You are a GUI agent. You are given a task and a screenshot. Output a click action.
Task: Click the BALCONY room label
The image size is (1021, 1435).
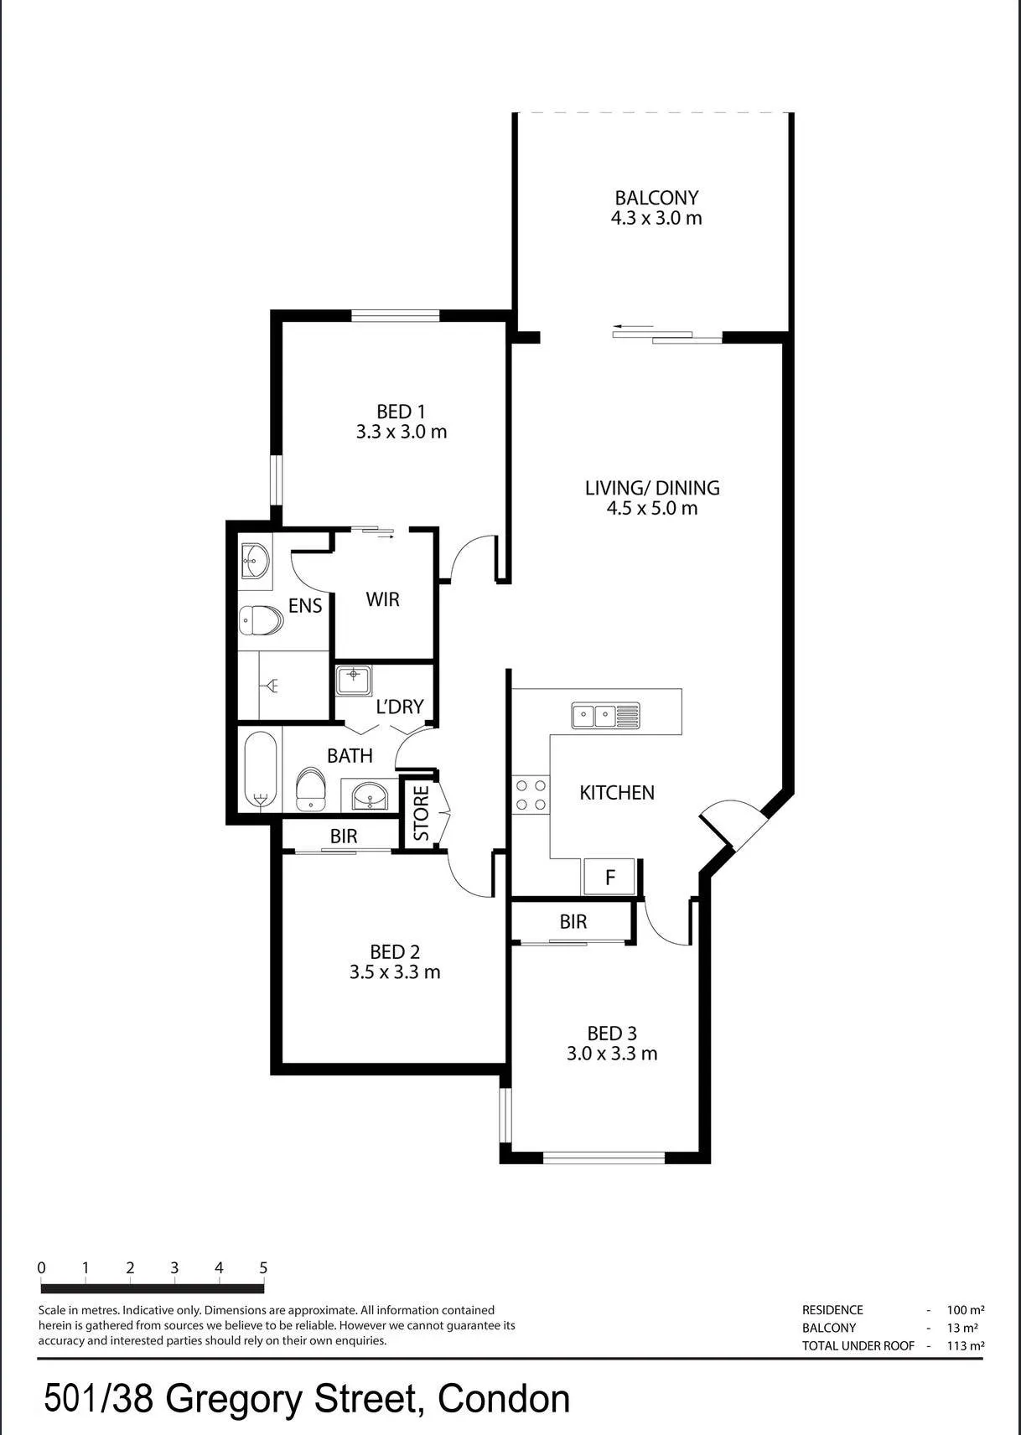coord(656,198)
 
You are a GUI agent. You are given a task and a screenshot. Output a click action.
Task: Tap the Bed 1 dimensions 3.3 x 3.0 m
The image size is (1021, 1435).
coord(402,432)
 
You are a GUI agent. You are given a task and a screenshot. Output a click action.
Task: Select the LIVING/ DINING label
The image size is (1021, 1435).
coord(652,488)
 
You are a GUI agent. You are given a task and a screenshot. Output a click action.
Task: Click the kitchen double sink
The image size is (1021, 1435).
coord(605,715)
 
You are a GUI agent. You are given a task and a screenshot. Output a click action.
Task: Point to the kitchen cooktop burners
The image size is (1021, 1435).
coord(531,795)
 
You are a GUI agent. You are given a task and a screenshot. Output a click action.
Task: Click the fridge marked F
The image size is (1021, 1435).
coord(609,877)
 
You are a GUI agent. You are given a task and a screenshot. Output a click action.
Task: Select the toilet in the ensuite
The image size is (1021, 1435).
coord(262,621)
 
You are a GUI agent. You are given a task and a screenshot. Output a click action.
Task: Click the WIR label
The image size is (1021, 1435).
coord(382,599)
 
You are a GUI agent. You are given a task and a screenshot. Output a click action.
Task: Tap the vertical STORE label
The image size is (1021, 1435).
coord(421,814)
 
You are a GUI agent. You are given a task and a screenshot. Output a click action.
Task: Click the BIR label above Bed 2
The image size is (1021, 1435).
coord(344,836)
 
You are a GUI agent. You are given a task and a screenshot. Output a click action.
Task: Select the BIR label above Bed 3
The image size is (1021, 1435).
coord(573,921)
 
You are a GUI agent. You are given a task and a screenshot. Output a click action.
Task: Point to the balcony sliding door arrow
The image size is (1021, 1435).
coord(633,327)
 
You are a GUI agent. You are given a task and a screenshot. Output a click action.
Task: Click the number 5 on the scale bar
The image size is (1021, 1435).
coord(263,1267)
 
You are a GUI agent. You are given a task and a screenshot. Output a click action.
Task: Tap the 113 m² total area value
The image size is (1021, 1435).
coord(966,1345)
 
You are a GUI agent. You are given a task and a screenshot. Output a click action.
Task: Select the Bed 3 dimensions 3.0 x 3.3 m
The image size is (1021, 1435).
coord(612,1053)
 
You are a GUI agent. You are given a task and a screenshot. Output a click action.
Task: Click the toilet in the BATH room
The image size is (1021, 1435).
coord(311,790)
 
